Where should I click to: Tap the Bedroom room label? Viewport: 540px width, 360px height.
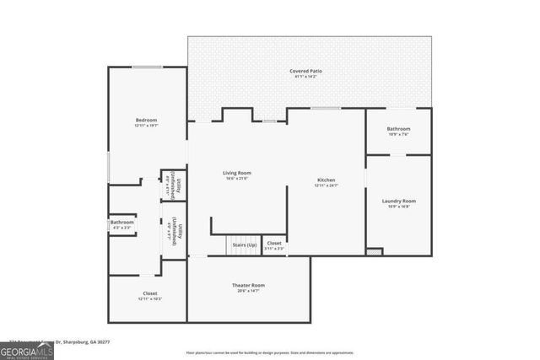click(146, 121)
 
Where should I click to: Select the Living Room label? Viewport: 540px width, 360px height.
click(237, 173)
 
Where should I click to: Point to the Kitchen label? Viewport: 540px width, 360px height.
click(327, 180)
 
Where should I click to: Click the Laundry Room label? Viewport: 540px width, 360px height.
click(398, 201)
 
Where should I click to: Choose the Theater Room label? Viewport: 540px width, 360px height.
click(248, 286)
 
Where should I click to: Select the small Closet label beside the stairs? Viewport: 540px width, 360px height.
click(274, 244)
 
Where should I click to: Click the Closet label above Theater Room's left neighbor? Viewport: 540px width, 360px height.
click(149, 293)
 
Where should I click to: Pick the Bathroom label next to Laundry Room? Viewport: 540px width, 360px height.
click(398, 129)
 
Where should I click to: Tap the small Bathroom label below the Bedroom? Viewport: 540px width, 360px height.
click(121, 223)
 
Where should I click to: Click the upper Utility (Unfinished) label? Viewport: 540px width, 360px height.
click(175, 185)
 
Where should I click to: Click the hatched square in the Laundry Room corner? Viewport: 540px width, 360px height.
click(375, 251)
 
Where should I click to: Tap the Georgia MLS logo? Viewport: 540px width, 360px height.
click(27, 348)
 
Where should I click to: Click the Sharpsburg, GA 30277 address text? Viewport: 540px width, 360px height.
click(84, 342)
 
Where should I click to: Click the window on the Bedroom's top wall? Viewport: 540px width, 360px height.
click(147, 67)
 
